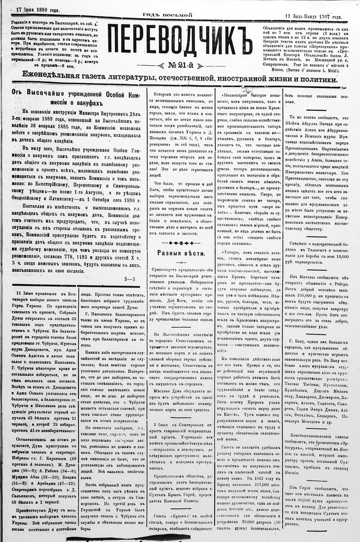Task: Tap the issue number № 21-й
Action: tap(180, 65)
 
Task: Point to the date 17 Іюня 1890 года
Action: tap(38, 10)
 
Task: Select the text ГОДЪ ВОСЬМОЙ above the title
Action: tap(167, 15)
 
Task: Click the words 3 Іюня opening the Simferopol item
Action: tap(160, 425)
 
